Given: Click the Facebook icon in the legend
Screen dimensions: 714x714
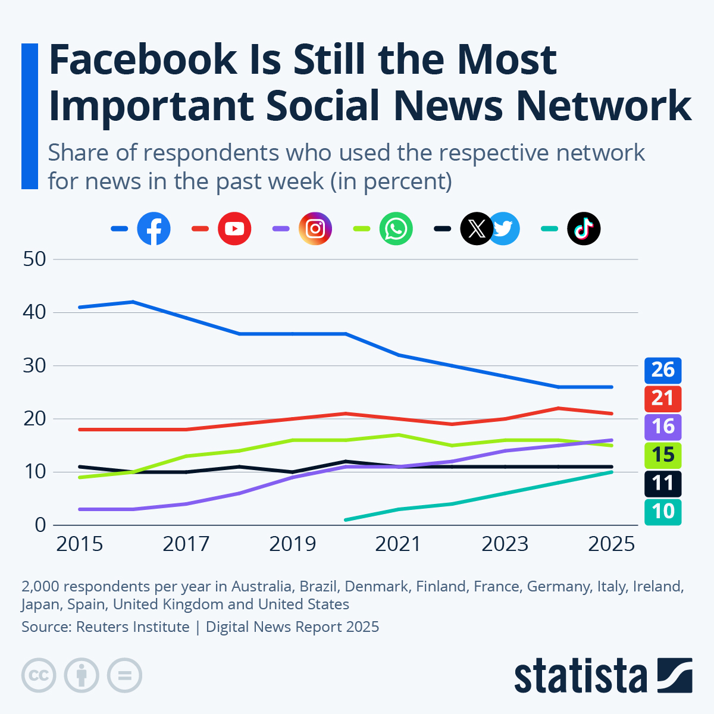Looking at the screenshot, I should [x=154, y=228].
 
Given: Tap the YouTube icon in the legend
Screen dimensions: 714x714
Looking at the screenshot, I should [x=234, y=228].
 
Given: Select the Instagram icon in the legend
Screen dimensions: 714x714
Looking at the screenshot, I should [x=315, y=228].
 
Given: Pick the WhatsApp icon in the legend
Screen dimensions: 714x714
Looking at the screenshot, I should [x=396, y=228].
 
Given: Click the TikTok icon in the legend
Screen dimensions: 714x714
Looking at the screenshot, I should [x=584, y=228].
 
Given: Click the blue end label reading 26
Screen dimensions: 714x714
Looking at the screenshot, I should [x=663, y=370].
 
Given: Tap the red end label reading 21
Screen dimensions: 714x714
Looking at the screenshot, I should [x=663, y=398].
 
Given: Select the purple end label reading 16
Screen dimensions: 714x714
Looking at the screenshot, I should [x=663, y=427].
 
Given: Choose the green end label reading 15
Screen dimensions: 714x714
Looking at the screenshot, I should [x=663, y=455].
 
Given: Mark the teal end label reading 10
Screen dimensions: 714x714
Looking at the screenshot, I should [x=663, y=512].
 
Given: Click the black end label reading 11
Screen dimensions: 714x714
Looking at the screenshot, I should [x=663, y=483].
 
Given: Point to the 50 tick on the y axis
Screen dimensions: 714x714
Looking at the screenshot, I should [x=34, y=259].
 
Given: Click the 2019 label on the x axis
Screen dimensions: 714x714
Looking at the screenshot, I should [x=292, y=544].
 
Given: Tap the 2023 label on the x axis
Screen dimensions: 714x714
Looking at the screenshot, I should [x=505, y=544].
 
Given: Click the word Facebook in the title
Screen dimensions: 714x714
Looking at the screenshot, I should [x=143, y=59].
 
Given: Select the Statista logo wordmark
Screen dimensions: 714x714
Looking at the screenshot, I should [x=580, y=677].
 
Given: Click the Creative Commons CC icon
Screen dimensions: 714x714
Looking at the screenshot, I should [x=39, y=675].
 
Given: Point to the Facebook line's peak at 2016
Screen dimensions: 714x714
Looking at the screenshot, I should [x=133, y=302].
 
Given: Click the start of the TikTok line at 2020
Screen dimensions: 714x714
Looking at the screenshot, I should [x=346, y=519].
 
